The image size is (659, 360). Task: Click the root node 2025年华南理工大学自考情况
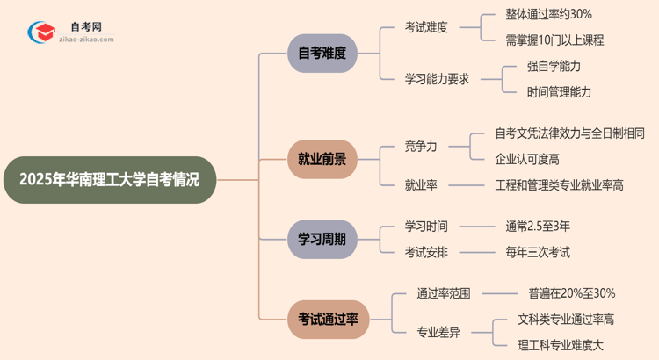click(x=109, y=180)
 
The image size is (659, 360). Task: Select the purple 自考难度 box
click(x=322, y=53)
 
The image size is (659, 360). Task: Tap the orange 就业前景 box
click(x=322, y=159)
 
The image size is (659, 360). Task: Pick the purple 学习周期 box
click(x=322, y=239)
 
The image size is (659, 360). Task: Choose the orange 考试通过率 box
click(x=329, y=319)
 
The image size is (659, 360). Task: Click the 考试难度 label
click(x=426, y=27)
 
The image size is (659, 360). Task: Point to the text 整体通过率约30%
click(x=548, y=14)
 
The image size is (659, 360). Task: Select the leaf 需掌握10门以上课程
click(x=554, y=40)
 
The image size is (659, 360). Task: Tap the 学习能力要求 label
click(x=437, y=78)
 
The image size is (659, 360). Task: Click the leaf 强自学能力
click(x=554, y=66)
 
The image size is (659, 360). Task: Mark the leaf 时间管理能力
click(x=559, y=91)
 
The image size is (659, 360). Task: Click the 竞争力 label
click(x=421, y=146)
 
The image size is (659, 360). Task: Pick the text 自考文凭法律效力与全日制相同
click(x=570, y=133)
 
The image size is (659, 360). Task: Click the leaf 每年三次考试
click(x=538, y=252)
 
